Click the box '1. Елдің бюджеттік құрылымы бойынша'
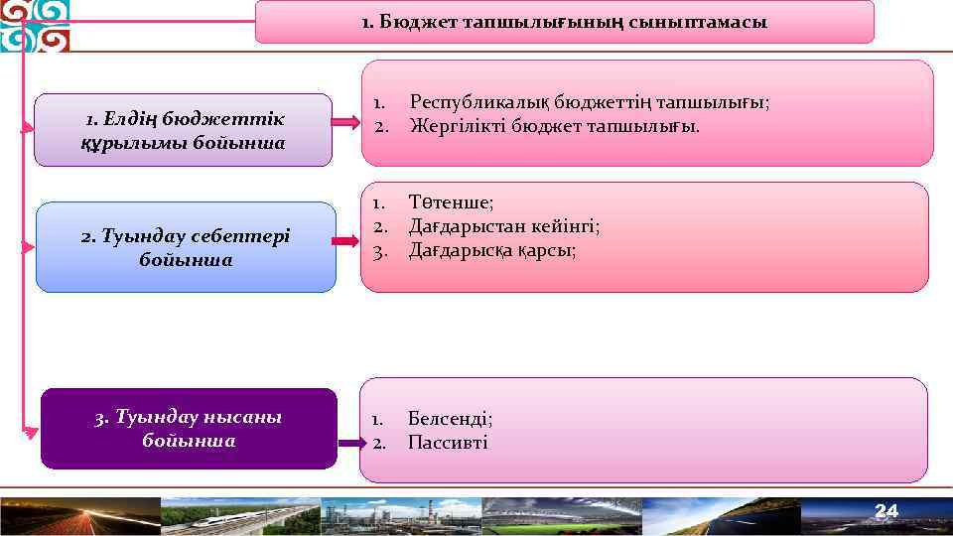184,130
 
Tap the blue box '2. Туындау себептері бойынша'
186,247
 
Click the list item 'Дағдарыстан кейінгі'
504,226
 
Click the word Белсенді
449,419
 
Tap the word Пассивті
448,443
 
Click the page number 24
885,511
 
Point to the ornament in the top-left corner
35,26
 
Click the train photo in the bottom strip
238,517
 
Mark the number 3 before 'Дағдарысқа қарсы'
378,250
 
